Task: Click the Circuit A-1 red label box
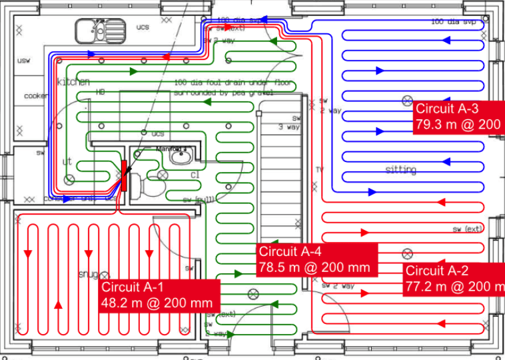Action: (x=159, y=295)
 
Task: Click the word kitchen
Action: (x=73, y=82)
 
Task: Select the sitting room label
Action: (x=400, y=170)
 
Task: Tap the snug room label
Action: (x=89, y=275)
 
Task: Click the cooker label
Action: (x=35, y=96)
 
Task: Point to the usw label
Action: (x=24, y=61)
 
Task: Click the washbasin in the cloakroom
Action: (x=180, y=157)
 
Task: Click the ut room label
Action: (x=67, y=162)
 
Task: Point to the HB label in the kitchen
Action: (x=101, y=91)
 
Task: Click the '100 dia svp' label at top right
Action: (x=454, y=22)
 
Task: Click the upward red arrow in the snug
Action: (x=59, y=305)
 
